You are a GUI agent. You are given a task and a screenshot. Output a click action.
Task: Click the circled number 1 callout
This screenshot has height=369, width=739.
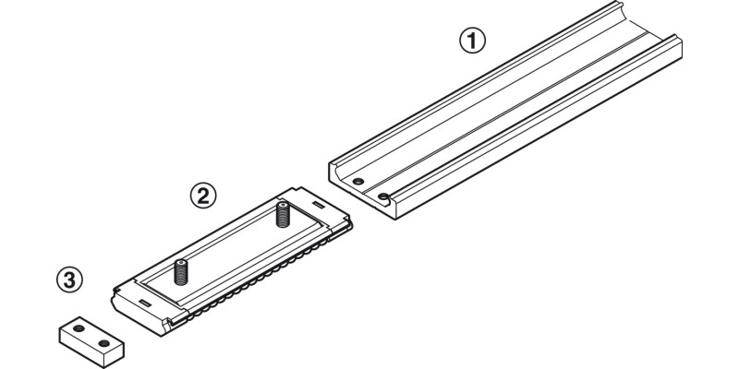(472, 40)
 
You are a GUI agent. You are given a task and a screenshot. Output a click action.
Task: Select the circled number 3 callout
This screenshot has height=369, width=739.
(67, 279)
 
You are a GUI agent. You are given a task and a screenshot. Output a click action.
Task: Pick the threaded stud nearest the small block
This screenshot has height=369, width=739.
(181, 271)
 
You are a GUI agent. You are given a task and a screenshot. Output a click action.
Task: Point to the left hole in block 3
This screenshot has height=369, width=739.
(79, 327)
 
